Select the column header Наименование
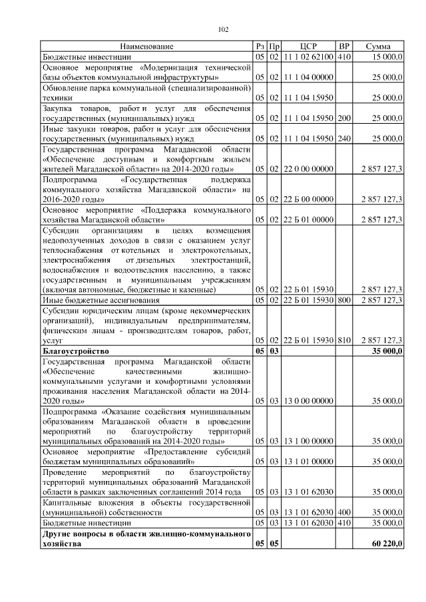click(147, 47)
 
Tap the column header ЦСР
click(308, 47)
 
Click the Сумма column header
click(378, 47)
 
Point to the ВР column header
click(343, 47)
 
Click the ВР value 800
click(343, 301)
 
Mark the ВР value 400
click(343, 513)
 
